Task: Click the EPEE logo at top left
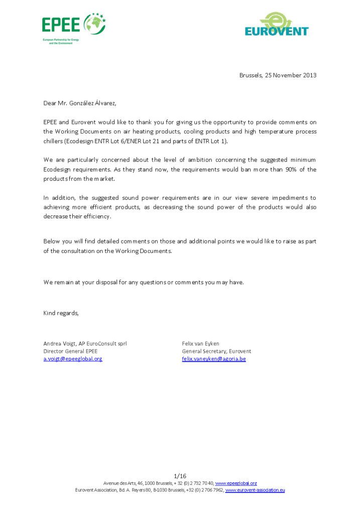point(73,24)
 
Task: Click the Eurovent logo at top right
point(277,25)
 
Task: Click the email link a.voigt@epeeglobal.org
point(72,359)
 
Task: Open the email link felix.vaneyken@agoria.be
point(214,359)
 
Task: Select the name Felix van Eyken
point(201,343)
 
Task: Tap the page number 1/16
point(180,476)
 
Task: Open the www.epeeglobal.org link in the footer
point(236,483)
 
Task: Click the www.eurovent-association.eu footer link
point(255,490)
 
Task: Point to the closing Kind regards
point(61,313)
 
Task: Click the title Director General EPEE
point(70,351)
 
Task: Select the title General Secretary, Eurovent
point(216,351)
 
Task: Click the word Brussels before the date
point(250,75)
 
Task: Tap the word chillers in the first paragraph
point(53,142)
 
